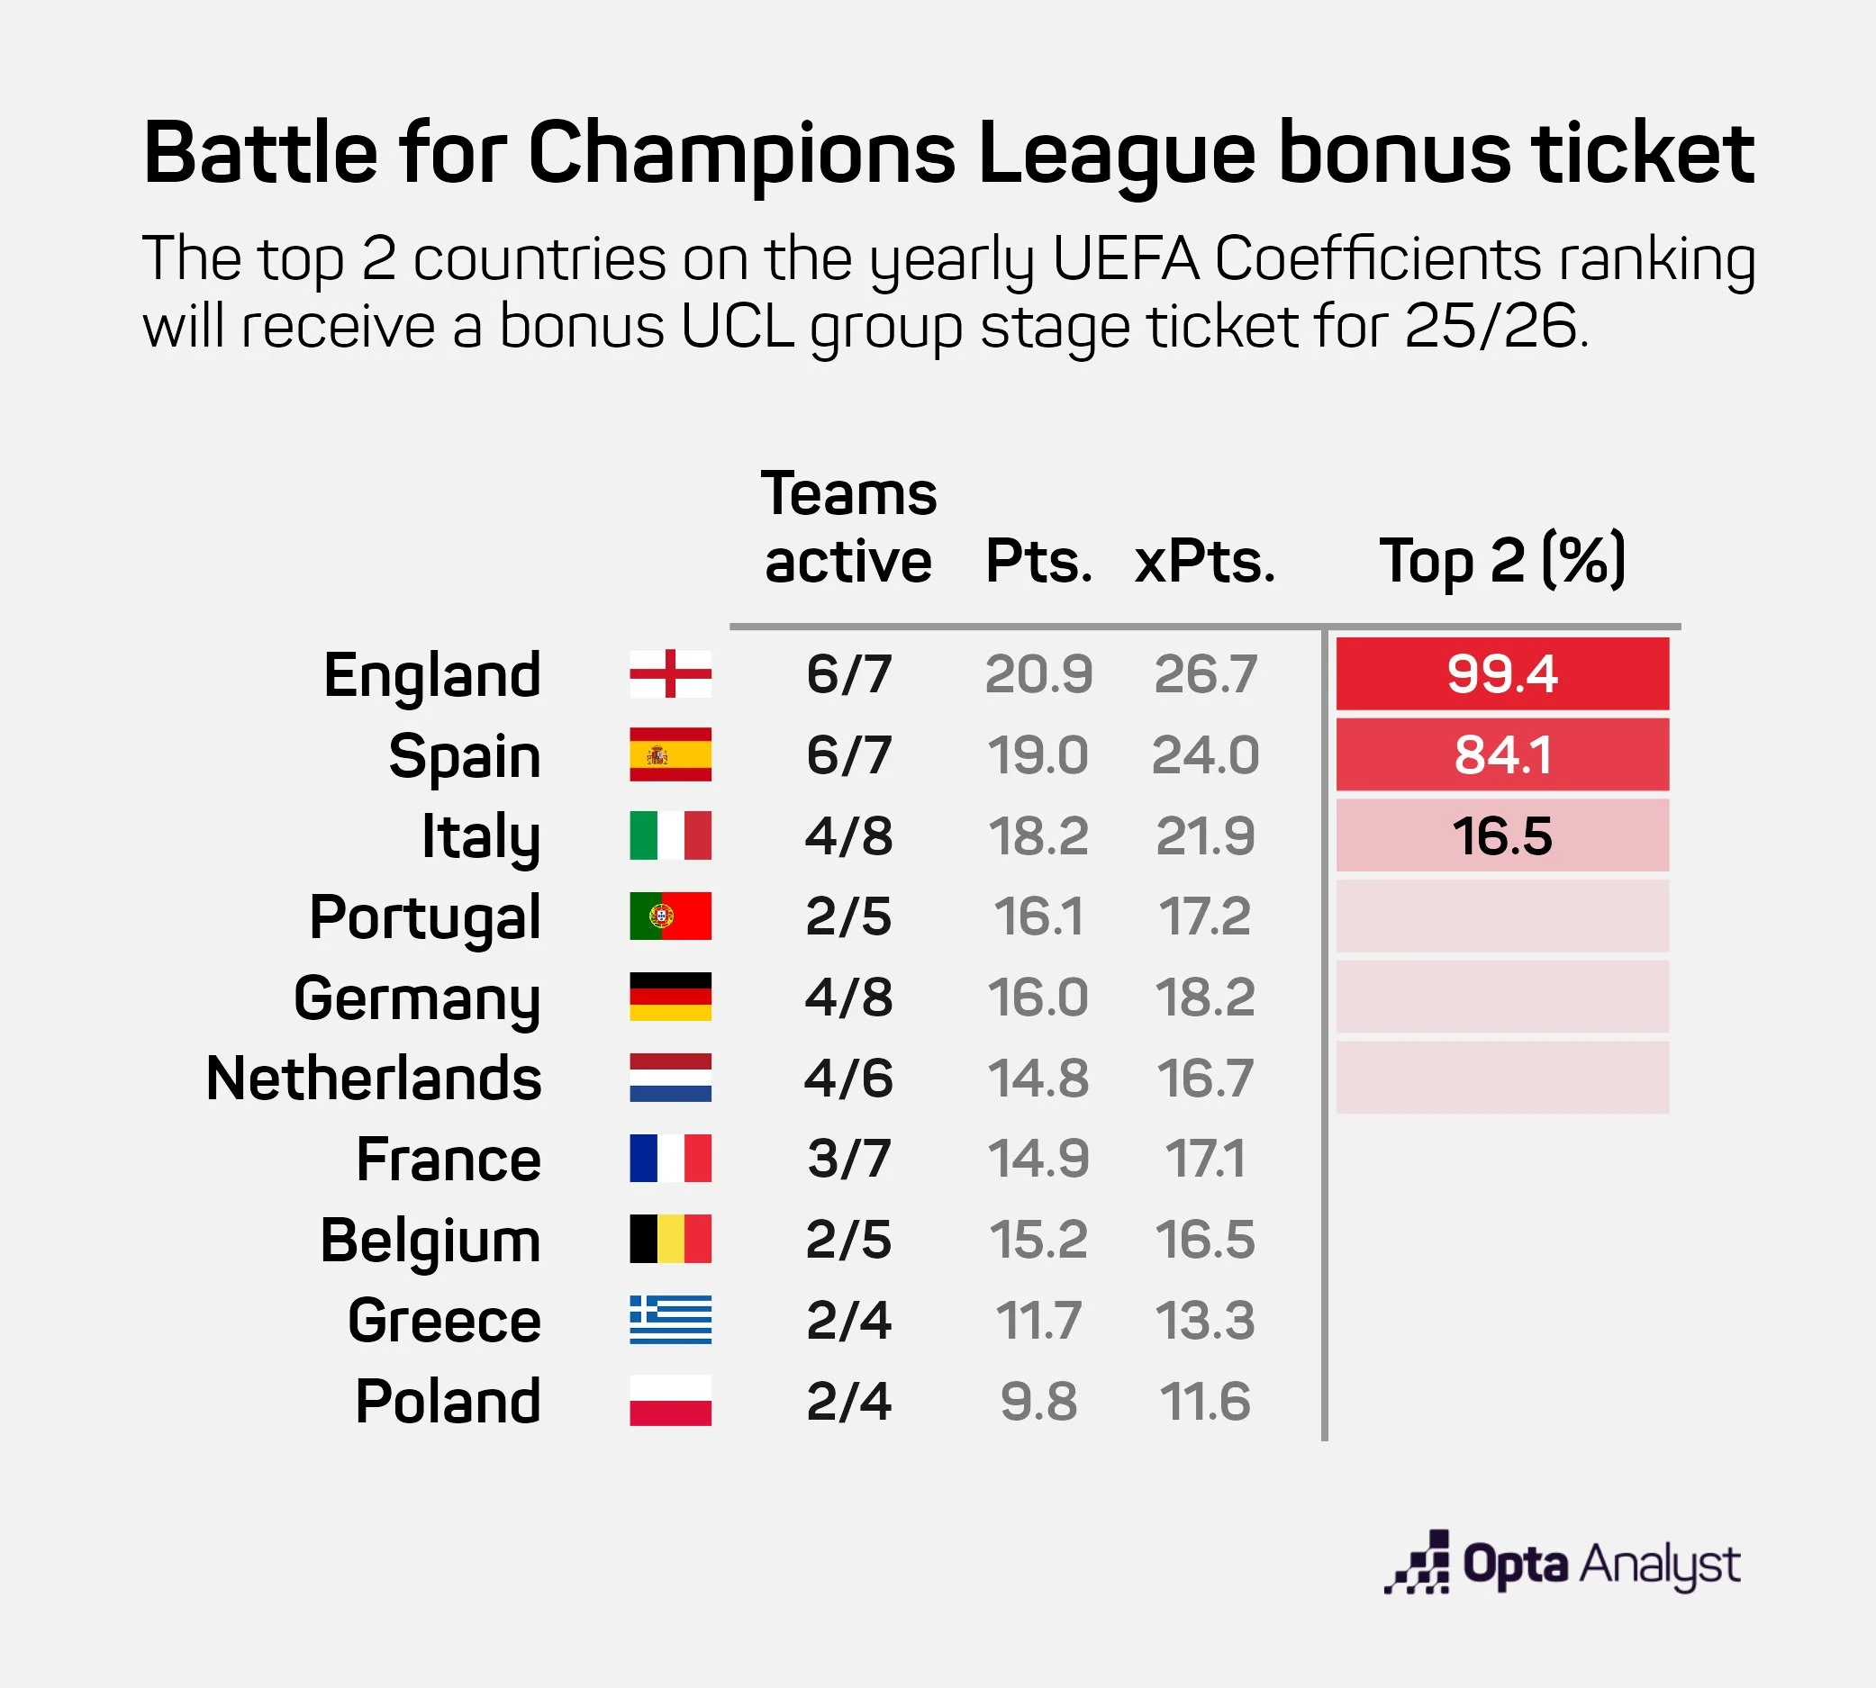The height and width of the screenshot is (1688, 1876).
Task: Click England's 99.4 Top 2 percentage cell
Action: click(1501, 673)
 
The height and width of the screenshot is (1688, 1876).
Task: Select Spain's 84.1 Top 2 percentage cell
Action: click(1501, 754)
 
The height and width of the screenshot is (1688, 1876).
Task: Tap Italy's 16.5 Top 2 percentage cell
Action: click(1501, 835)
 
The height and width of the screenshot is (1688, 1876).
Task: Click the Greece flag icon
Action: click(670, 1320)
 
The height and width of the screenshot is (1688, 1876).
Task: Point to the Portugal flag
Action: click(670, 916)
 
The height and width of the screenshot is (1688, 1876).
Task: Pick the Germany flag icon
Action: click(670, 997)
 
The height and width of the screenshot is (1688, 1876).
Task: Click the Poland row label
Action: click(448, 1401)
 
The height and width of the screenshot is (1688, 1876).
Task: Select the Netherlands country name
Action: click(374, 1078)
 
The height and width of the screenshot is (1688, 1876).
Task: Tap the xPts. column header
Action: click(1204, 561)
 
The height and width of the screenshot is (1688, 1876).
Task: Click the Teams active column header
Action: click(848, 527)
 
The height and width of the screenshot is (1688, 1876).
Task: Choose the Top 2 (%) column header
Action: click(1501, 561)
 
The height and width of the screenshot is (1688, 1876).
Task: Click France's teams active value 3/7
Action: click(848, 1159)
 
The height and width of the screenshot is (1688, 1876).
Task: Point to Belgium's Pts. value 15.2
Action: click(1038, 1239)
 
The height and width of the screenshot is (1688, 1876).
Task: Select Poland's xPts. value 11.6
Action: click(1204, 1401)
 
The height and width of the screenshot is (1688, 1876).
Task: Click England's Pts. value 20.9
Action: click(1038, 673)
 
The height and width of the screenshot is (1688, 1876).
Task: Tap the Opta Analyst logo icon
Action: click(1418, 1564)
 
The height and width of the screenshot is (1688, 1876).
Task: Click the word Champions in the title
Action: click(741, 153)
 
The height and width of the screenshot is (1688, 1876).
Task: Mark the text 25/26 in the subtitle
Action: click(1490, 327)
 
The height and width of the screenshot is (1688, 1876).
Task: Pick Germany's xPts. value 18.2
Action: click(1204, 997)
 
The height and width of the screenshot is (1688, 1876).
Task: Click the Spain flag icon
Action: click(670, 754)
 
